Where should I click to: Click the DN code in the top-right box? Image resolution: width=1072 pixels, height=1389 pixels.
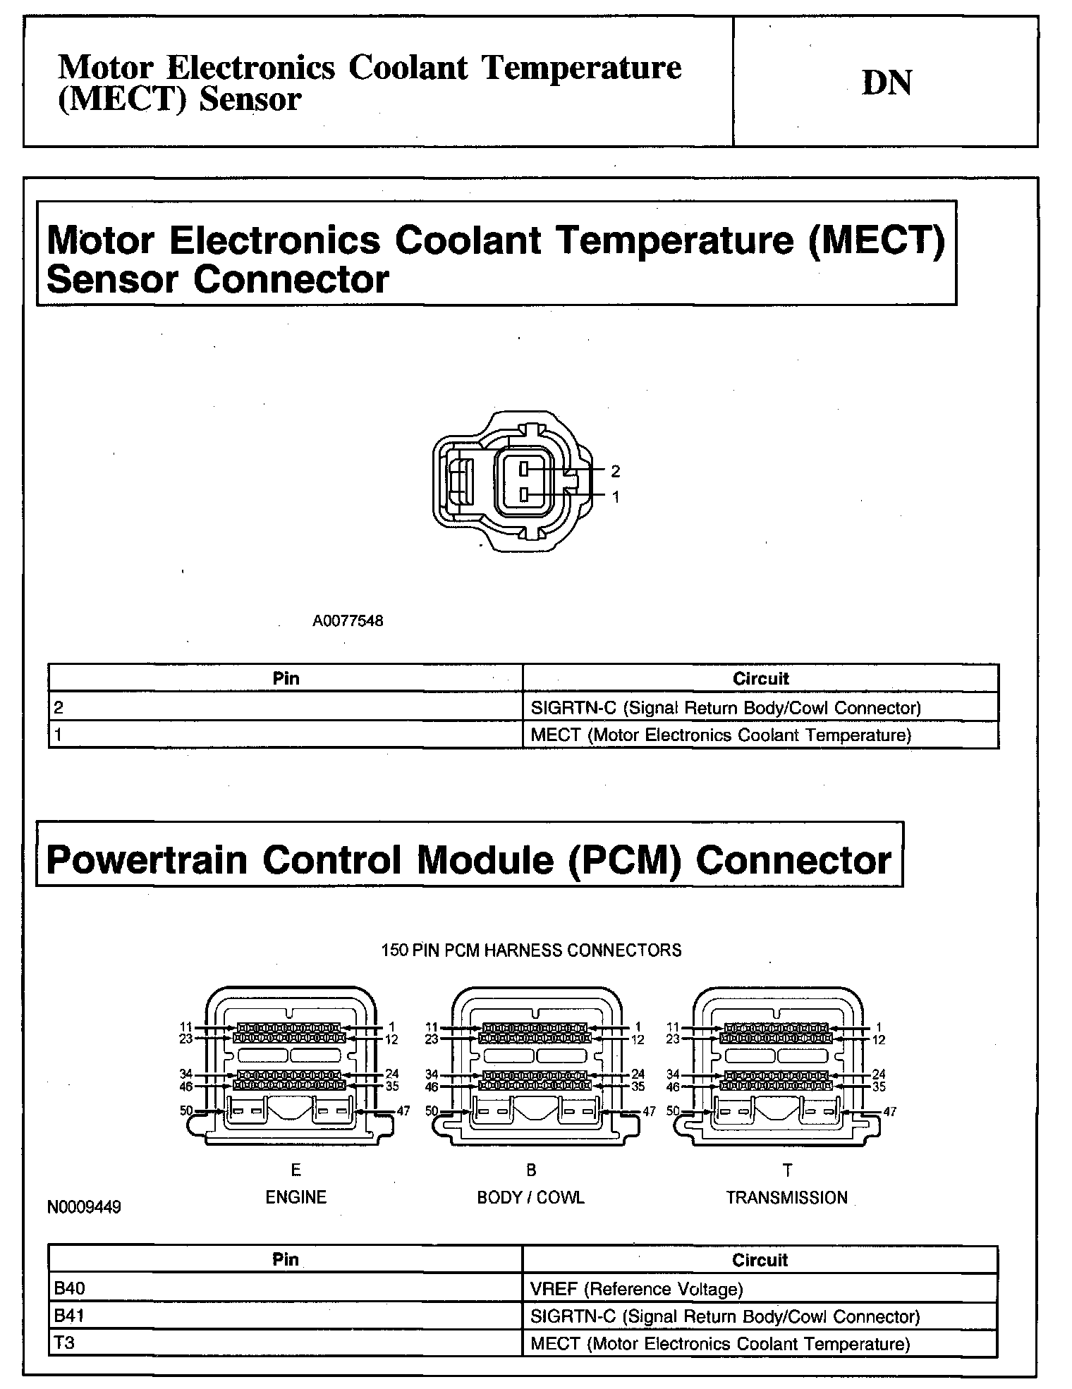887,82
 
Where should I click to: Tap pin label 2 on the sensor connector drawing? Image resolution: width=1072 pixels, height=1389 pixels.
615,470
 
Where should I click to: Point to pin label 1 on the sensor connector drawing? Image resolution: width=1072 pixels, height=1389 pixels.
615,497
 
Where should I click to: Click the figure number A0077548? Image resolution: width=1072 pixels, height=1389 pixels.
348,621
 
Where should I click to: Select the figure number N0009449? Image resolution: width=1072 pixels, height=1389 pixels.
84,1207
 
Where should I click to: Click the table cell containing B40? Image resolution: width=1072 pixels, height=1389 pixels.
285,1289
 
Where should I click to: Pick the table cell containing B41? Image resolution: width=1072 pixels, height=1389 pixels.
285,1316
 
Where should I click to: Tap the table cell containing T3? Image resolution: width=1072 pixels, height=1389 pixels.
285,1342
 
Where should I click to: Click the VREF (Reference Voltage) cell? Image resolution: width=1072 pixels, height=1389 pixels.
760,1289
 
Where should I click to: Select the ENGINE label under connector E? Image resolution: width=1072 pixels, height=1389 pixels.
296,1197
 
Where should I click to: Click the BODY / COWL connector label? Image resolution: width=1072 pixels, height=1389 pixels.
530,1197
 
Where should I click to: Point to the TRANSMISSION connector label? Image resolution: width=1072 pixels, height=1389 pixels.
786,1197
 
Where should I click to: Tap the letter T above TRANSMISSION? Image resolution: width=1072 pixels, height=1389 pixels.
787,1170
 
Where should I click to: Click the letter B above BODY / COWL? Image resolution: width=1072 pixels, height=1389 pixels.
531,1170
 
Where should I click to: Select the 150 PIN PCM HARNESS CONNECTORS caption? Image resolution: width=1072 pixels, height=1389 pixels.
531,950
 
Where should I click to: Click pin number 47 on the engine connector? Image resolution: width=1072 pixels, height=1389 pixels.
403,1111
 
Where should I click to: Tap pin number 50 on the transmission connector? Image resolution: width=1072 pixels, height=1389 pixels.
673,1111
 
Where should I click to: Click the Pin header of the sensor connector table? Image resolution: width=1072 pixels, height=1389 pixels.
286,678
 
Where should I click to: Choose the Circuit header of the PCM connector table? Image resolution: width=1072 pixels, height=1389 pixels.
760,1260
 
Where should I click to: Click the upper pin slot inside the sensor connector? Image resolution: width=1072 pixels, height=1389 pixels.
524,468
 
